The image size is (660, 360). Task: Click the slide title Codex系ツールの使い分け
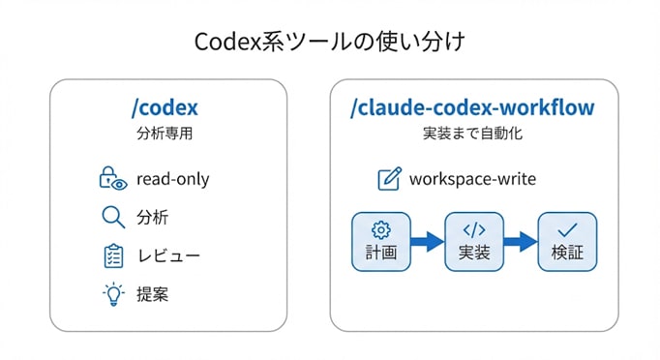click(x=329, y=43)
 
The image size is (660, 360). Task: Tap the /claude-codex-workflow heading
click(x=472, y=105)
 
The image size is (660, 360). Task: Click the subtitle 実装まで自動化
click(x=472, y=133)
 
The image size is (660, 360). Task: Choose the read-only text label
click(x=172, y=178)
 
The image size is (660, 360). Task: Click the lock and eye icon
click(x=113, y=178)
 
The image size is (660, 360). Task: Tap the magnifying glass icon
click(x=113, y=217)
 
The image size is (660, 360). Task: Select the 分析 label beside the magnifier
click(x=153, y=217)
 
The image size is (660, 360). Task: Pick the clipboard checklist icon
click(x=113, y=255)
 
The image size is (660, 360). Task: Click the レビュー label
click(x=167, y=255)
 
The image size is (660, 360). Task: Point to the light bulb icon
click(x=113, y=293)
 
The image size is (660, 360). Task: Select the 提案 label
click(x=153, y=293)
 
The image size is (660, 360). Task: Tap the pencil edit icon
click(x=389, y=179)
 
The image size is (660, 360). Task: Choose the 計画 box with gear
click(x=379, y=242)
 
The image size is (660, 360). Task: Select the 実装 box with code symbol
click(x=473, y=242)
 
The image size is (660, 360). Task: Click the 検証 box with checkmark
click(x=567, y=242)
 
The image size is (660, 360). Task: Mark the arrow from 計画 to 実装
click(x=426, y=242)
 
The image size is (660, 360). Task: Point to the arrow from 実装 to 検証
click(x=521, y=242)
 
